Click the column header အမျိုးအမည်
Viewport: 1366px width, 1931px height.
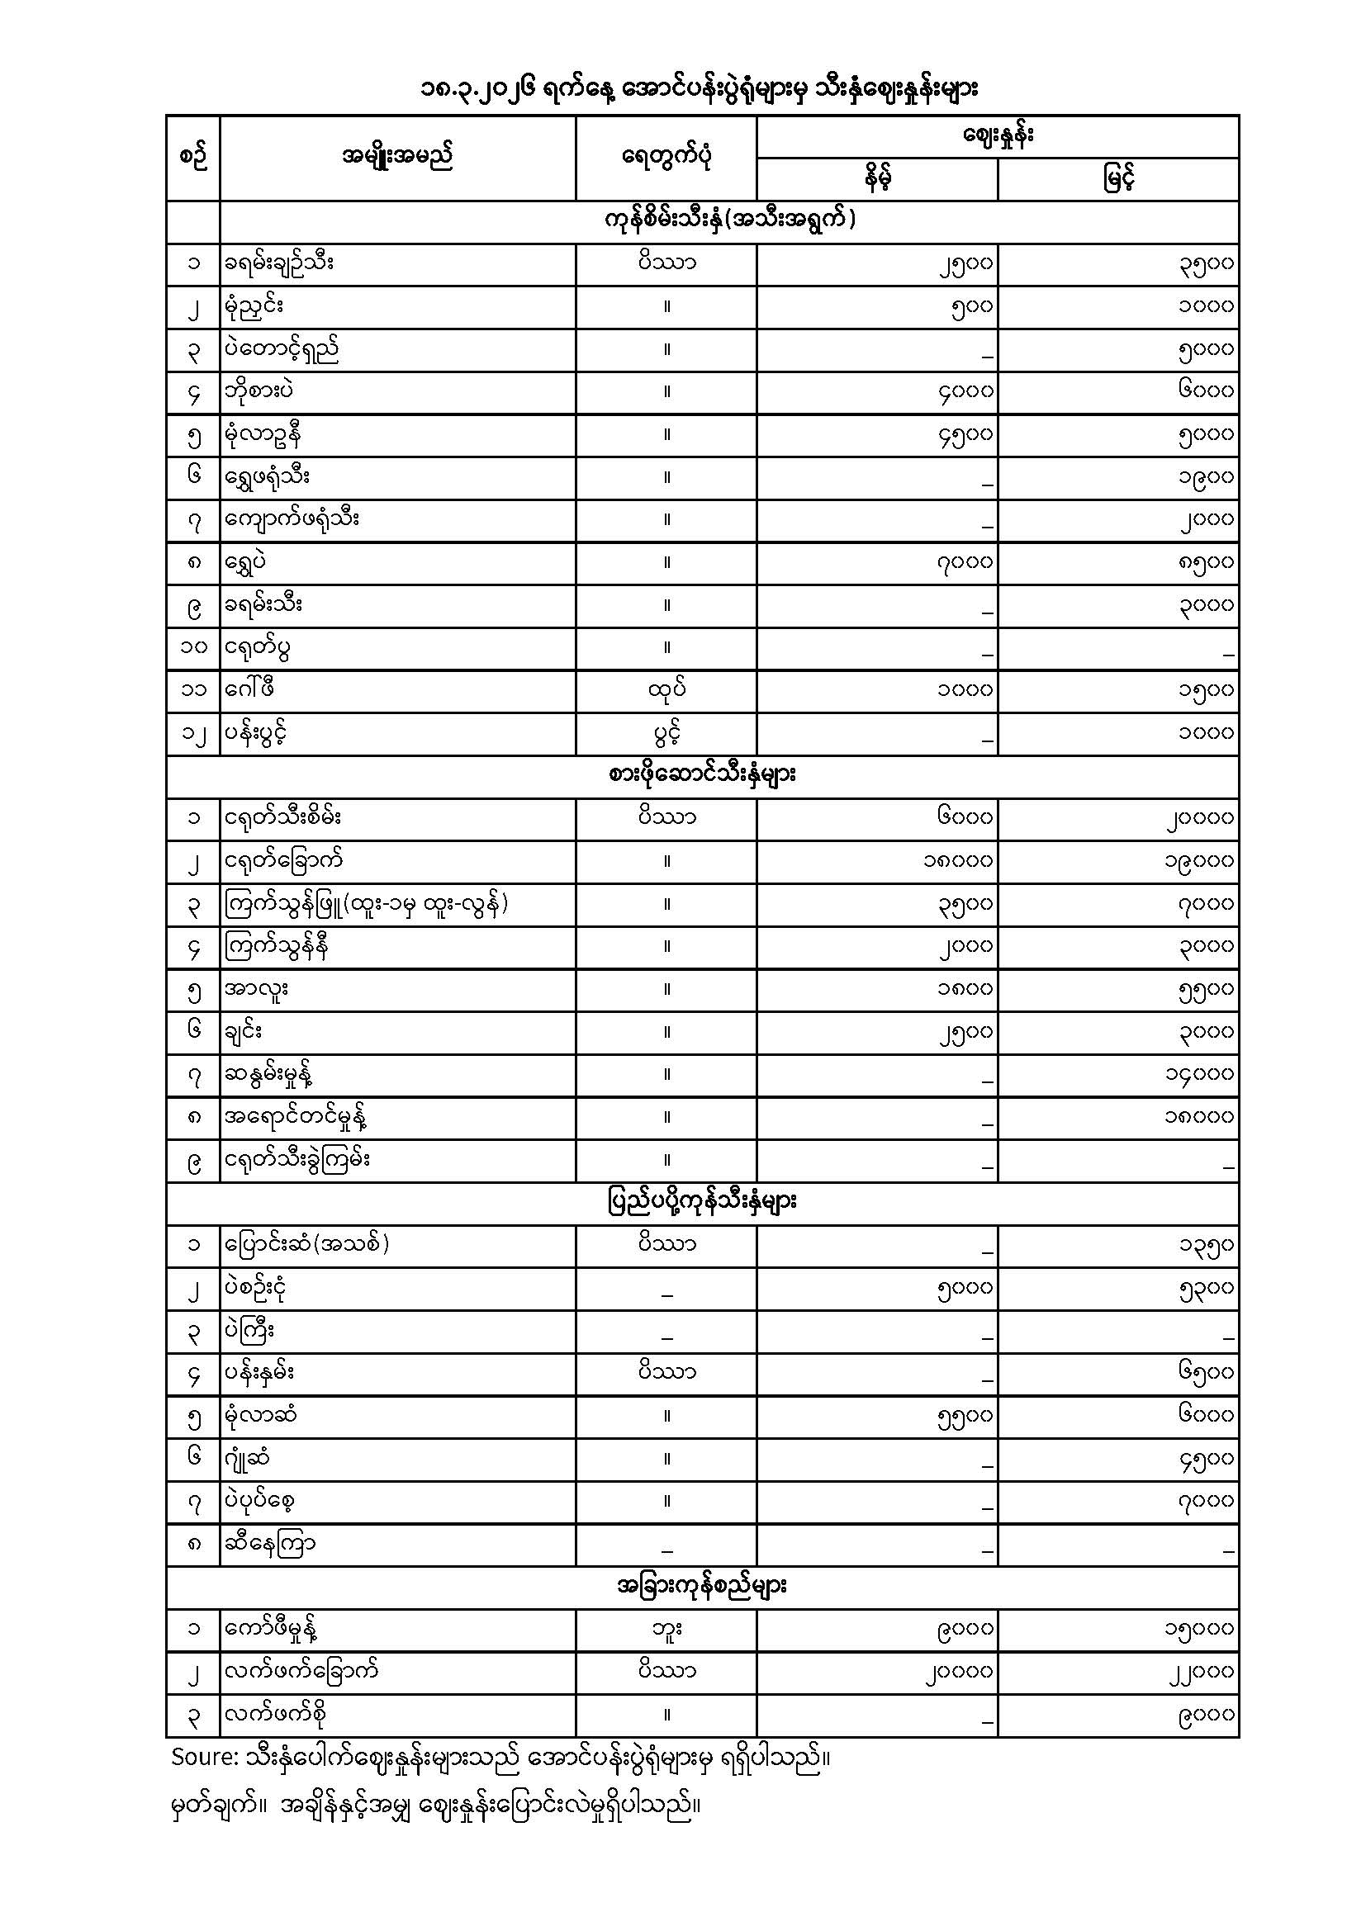(x=397, y=158)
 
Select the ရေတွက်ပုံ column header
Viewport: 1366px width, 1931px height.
(x=666, y=158)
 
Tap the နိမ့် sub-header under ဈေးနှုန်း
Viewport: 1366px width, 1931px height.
(x=876, y=179)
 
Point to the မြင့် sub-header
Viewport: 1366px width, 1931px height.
(x=1118, y=179)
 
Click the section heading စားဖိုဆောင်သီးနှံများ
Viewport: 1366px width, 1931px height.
(x=702, y=775)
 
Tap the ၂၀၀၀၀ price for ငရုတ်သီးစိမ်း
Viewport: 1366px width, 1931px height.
(x=1200, y=818)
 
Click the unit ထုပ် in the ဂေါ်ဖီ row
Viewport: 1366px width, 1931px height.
(x=666, y=690)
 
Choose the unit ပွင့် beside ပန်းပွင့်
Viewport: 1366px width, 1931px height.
(x=666, y=733)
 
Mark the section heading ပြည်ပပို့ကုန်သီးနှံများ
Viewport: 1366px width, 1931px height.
(x=702, y=1203)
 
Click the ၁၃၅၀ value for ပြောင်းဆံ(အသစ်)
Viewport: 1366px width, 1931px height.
(x=1205, y=1246)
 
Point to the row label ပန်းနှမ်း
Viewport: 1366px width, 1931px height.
(x=260, y=1374)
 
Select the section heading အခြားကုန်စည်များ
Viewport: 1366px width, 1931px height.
(x=702, y=1588)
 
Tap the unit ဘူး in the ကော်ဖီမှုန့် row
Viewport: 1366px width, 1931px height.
(x=666, y=1630)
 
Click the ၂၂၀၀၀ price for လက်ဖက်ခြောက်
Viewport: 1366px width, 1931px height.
(x=1200, y=1672)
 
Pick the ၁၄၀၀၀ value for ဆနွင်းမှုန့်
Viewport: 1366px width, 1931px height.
(x=1200, y=1075)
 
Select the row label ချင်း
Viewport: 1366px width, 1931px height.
(x=243, y=1032)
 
